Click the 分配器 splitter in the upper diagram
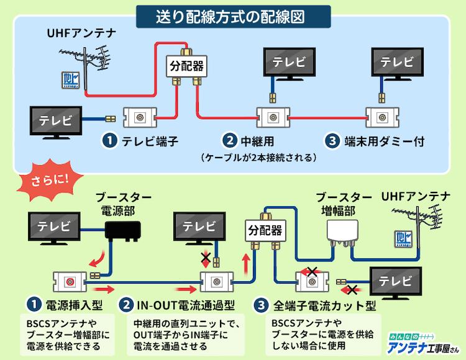[x=187, y=64]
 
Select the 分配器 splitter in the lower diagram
[x=263, y=230]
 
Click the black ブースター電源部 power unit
[x=123, y=232]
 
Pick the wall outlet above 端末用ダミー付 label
[x=380, y=116]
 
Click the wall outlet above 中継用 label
[x=272, y=116]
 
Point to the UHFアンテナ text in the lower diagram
[x=417, y=197]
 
